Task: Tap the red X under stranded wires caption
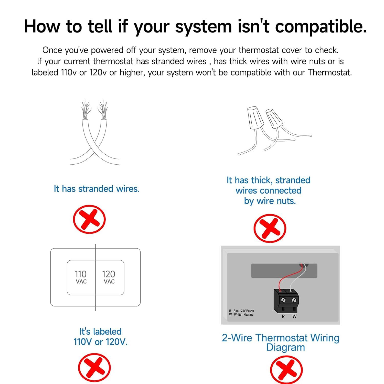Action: pos(89,219)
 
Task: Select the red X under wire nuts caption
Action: pos(270,228)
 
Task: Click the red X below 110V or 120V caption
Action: pos(94,368)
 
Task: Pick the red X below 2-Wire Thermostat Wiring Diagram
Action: pos(286,370)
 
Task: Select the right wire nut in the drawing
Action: pos(274,119)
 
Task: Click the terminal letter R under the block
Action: pos(283,317)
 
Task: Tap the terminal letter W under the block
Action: pos(295,317)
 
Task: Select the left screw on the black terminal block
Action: pos(284,300)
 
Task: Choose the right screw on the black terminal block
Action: pos(294,300)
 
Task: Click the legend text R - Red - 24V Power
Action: pos(242,311)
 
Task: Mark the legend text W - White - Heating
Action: pos(241,315)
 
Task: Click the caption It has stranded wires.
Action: pos(97,189)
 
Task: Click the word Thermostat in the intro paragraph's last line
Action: pos(329,72)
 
